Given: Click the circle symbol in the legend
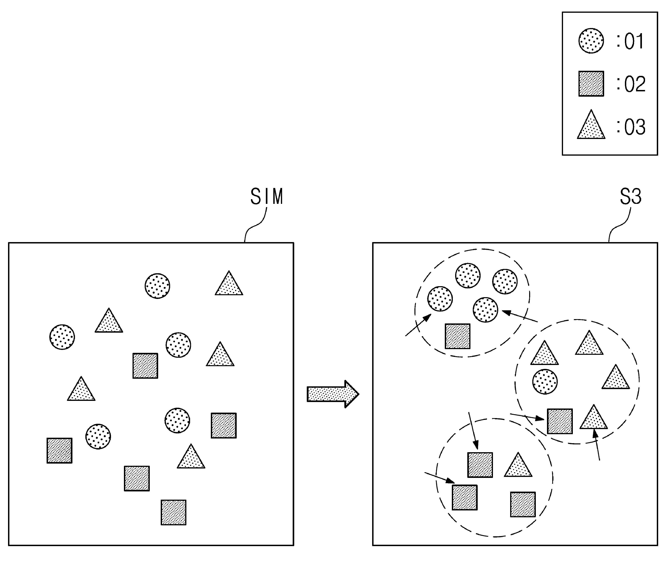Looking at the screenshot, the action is click(591, 41).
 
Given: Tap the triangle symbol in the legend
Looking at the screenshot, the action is click(591, 124).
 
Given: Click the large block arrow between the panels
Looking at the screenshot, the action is click(333, 394).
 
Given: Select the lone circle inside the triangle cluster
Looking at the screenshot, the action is click(545, 382).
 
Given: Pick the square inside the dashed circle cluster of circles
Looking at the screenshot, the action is click(457, 336).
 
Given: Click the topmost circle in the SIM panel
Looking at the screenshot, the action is click(157, 286).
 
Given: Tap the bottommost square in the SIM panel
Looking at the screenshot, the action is click(173, 512).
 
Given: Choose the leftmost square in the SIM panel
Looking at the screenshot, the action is click(59, 451).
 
